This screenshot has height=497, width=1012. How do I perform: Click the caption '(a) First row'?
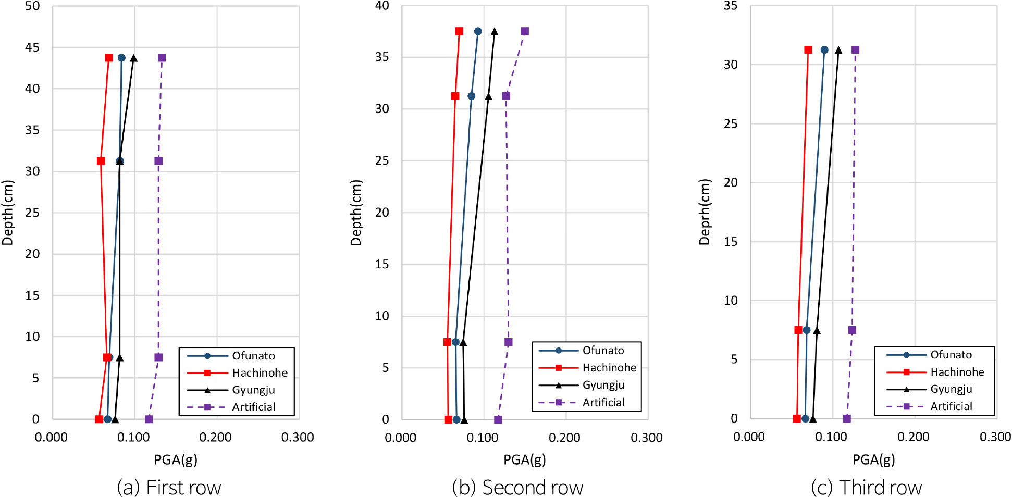[x=169, y=488]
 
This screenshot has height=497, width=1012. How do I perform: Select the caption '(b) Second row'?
[x=517, y=488]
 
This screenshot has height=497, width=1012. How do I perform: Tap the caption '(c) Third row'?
[x=866, y=488]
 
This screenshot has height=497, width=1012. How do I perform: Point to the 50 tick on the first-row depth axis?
[x=32, y=6]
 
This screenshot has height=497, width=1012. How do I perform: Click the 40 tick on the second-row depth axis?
[x=382, y=6]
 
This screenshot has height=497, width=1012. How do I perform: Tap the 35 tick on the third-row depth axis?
[x=731, y=6]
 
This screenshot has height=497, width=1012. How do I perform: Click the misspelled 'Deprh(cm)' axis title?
[x=705, y=212]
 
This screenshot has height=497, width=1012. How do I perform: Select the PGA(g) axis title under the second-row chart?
[x=524, y=459]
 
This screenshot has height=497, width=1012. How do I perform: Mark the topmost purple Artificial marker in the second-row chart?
[x=525, y=31]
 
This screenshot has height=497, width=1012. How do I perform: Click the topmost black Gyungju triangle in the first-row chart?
[x=133, y=58]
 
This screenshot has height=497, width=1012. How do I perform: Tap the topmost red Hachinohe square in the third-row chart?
[x=808, y=50]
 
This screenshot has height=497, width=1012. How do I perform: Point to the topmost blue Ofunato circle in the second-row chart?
[x=478, y=31]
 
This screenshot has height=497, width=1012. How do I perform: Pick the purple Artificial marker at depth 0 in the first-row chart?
[x=149, y=419]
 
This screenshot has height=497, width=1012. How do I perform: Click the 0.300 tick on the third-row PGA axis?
[x=995, y=437]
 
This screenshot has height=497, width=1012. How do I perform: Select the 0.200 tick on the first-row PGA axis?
[x=215, y=438]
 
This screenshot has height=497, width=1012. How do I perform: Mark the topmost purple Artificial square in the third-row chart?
[x=855, y=50]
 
